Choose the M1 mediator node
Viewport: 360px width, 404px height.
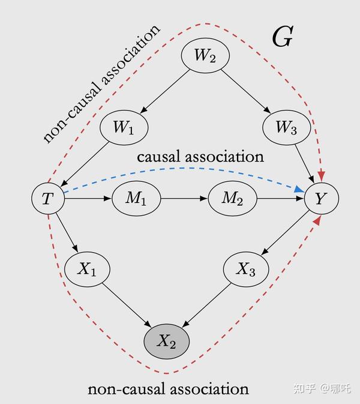[x=136, y=199]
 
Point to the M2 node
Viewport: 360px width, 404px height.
[x=232, y=199]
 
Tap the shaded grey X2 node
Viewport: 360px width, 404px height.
[x=166, y=341]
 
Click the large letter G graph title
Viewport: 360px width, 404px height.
[x=282, y=37]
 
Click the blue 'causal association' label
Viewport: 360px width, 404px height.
[x=200, y=157]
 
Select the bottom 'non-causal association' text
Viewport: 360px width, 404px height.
[x=168, y=389]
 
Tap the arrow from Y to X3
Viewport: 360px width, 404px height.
[x=285, y=237]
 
